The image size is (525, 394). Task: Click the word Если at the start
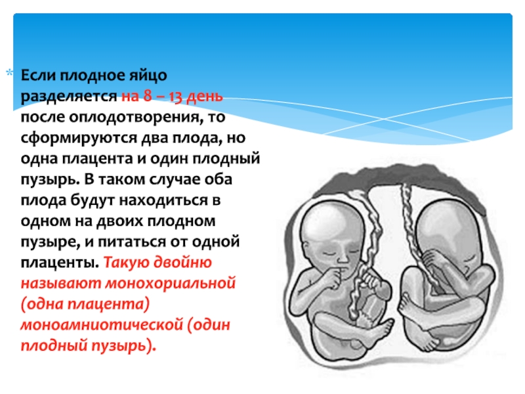(39, 76)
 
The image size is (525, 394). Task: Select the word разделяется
(69, 97)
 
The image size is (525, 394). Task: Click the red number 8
(147, 96)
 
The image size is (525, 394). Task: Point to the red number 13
(175, 97)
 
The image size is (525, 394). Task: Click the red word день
(205, 97)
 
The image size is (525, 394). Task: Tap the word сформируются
(78, 139)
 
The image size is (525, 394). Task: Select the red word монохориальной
(171, 284)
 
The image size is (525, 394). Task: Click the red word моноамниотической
(102, 325)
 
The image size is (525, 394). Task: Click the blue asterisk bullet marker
(10, 73)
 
